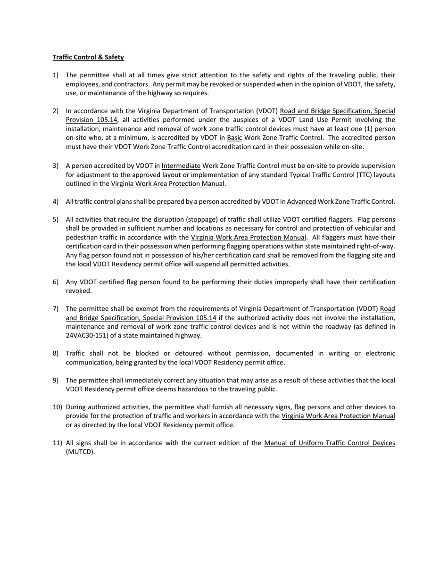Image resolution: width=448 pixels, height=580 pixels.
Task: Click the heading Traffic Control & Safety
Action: click(x=88, y=57)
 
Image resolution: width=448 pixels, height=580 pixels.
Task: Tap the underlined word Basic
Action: click(x=234, y=138)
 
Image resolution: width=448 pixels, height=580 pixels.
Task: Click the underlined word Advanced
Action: click(x=301, y=202)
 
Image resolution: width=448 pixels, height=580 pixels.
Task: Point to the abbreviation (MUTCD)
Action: click(x=80, y=452)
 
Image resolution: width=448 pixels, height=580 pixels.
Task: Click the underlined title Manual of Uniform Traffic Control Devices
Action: click(x=329, y=443)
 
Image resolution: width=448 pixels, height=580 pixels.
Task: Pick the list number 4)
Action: click(x=56, y=202)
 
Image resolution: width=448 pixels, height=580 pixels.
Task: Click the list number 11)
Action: click(x=58, y=443)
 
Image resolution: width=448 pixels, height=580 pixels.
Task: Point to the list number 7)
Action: click(x=56, y=309)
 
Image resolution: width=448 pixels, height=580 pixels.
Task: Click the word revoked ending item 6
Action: click(x=78, y=291)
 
